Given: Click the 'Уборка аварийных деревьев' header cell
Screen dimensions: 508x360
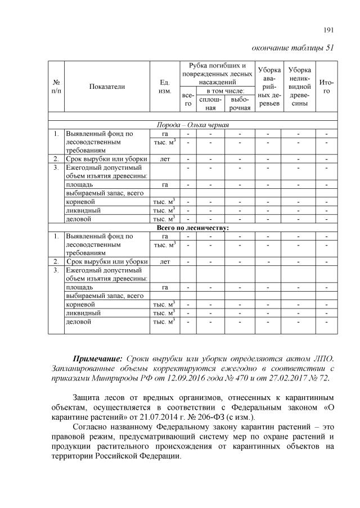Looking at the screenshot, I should point(269,87).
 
